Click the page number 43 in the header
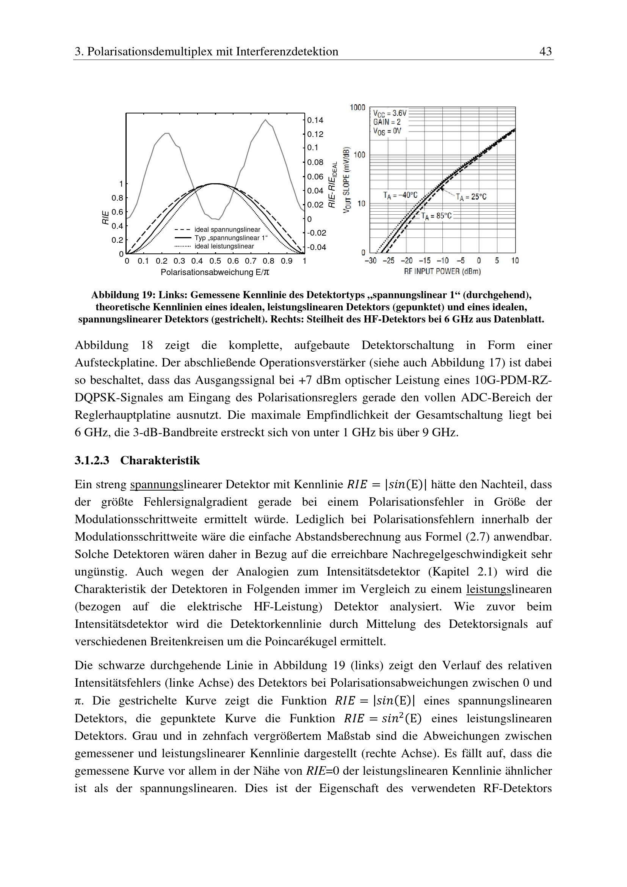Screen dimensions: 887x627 (x=545, y=51)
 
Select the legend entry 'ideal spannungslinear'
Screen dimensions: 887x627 (x=227, y=230)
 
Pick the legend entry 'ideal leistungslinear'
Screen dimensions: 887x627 (x=224, y=247)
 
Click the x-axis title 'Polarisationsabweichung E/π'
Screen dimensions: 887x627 (x=215, y=272)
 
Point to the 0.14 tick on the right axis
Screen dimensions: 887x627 (x=315, y=120)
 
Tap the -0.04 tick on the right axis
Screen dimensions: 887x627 (x=316, y=247)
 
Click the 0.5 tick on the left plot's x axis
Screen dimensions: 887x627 (x=215, y=261)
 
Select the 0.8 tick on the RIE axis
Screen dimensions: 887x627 (x=118, y=198)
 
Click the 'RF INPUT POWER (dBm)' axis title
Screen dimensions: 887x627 (x=442, y=272)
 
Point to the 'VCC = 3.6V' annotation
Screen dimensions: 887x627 (x=390, y=113)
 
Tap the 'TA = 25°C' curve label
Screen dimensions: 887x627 (x=471, y=197)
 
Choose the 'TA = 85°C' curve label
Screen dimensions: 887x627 (x=436, y=216)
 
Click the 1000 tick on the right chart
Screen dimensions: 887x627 (x=357, y=107)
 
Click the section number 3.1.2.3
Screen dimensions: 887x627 (x=92, y=461)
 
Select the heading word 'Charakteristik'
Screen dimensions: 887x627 (x=160, y=461)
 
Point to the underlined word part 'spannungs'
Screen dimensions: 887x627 (x=156, y=484)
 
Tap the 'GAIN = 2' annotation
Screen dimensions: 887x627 (x=387, y=122)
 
